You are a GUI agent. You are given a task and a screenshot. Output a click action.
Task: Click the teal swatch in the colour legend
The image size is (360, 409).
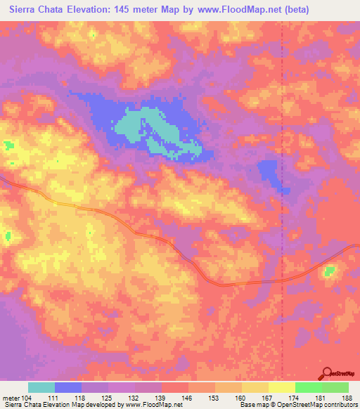pyautogui.click(x=41, y=387)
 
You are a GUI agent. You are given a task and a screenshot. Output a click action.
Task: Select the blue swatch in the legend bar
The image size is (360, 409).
pyautogui.click(x=68, y=387)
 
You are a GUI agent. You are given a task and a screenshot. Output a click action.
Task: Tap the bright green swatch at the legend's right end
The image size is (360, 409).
pyautogui.click(x=335, y=387)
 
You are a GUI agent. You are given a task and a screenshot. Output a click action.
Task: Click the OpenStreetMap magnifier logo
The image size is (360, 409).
pyautogui.click(x=327, y=373)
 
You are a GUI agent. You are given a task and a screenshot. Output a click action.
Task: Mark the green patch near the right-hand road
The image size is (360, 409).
pyautogui.click(x=329, y=271)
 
